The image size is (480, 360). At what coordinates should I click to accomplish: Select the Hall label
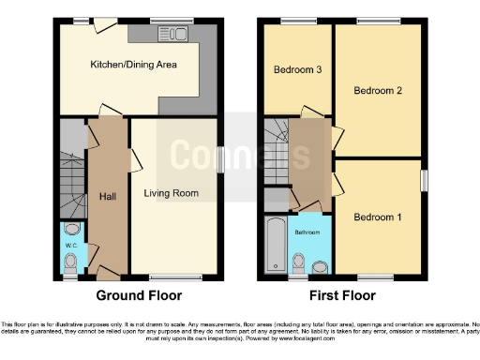click(107, 196)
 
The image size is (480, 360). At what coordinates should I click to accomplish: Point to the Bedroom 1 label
click(377, 217)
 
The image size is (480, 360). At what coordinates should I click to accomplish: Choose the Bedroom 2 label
click(377, 91)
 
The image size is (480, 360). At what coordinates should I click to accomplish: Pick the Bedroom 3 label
click(298, 70)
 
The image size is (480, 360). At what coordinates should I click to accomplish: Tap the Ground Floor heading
click(138, 295)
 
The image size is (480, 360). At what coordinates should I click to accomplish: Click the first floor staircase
click(277, 150)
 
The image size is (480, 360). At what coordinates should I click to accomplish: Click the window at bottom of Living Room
click(174, 277)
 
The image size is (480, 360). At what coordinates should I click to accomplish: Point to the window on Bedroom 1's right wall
click(422, 178)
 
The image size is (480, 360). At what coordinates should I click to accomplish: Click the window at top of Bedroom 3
click(298, 21)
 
